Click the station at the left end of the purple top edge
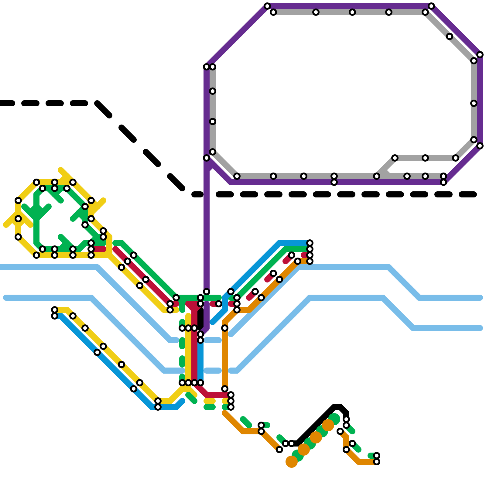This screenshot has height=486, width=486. point(267,6)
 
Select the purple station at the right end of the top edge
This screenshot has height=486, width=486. point(431,6)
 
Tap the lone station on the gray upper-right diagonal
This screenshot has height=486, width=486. point(450,36)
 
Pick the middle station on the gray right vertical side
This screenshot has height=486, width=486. point(474,103)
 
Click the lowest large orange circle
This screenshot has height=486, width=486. point(292,462)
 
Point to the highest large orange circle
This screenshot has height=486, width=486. point(328,425)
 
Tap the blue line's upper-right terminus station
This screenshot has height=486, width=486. point(310,243)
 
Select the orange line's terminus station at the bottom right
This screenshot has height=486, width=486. point(377,462)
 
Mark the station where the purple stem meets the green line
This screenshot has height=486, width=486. point(207,292)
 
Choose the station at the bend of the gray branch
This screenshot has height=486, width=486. point(395,158)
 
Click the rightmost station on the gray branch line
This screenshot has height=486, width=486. point(456,158)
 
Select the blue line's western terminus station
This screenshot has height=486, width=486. point(55,316)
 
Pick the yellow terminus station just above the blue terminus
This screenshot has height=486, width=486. point(55,310)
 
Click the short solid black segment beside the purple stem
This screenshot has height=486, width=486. point(200,319)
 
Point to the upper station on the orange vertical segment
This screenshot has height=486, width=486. point(225,328)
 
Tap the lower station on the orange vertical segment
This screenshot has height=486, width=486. point(225,389)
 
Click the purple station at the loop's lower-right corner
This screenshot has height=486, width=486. point(443,182)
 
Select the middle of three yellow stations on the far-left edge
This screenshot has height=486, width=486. point(18,219)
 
